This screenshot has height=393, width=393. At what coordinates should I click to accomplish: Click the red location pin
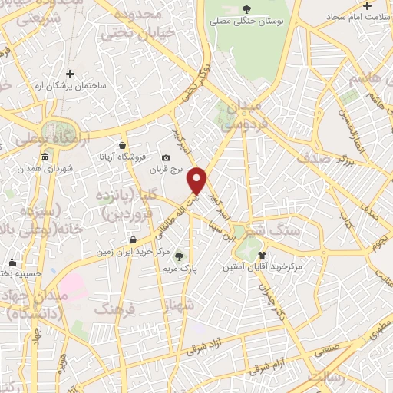pyautogui.click(x=198, y=180)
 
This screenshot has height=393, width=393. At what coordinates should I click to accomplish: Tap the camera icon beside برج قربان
pyautogui.click(x=167, y=158)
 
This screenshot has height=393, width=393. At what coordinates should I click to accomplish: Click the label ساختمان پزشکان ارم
pyautogui.click(x=70, y=88)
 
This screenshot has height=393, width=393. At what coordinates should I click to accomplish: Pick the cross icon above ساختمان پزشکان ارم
pyautogui.click(x=70, y=74)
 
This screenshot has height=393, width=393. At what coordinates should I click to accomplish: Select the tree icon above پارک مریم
pyautogui.click(x=180, y=257)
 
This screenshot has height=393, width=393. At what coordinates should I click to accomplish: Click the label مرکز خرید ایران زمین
pyautogui.click(x=131, y=252)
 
